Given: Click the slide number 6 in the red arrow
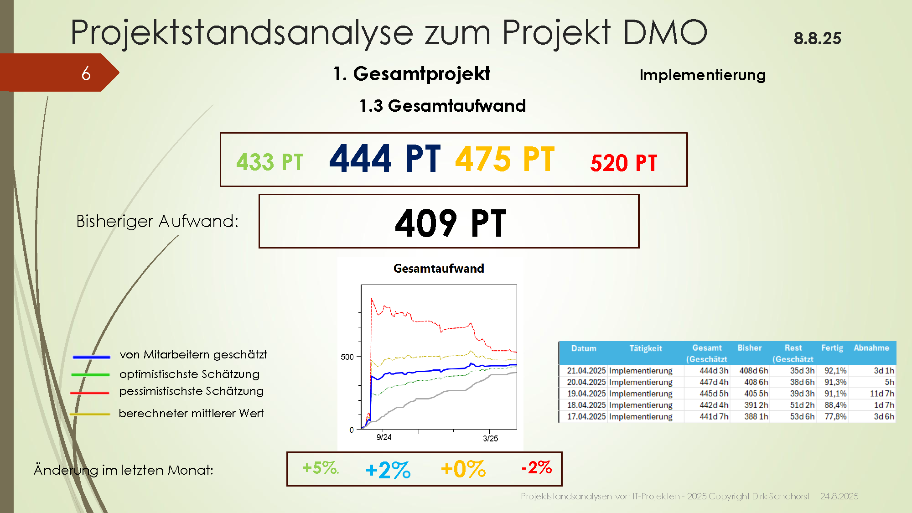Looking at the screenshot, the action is [x=86, y=73].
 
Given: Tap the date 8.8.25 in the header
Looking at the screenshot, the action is [x=817, y=38].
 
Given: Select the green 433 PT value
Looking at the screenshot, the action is [x=269, y=162].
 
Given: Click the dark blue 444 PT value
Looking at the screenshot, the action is [x=385, y=158].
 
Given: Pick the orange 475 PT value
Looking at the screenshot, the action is [x=505, y=159].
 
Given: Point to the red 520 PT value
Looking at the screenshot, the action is [x=624, y=163].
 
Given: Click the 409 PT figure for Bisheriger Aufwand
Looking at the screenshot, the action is [x=451, y=223].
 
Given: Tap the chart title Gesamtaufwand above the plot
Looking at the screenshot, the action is [x=439, y=269].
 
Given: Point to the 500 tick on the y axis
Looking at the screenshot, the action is [x=347, y=357].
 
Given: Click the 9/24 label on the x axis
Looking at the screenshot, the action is [x=384, y=437].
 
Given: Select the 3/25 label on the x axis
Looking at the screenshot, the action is [x=491, y=439].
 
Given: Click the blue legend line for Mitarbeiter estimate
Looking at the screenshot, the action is [x=91, y=357].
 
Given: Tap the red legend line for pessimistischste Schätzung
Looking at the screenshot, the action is [x=90, y=393].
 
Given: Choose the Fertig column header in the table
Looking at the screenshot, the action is [x=832, y=348].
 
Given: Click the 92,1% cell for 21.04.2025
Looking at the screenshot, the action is [x=835, y=371].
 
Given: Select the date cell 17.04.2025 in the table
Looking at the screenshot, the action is [x=586, y=416].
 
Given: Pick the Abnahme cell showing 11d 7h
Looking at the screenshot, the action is [x=882, y=394].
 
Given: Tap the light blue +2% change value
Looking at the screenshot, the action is [x=388, y=470].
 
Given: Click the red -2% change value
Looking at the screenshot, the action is [x=537, y=467].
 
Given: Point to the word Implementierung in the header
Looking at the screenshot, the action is [x=703, y=75].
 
